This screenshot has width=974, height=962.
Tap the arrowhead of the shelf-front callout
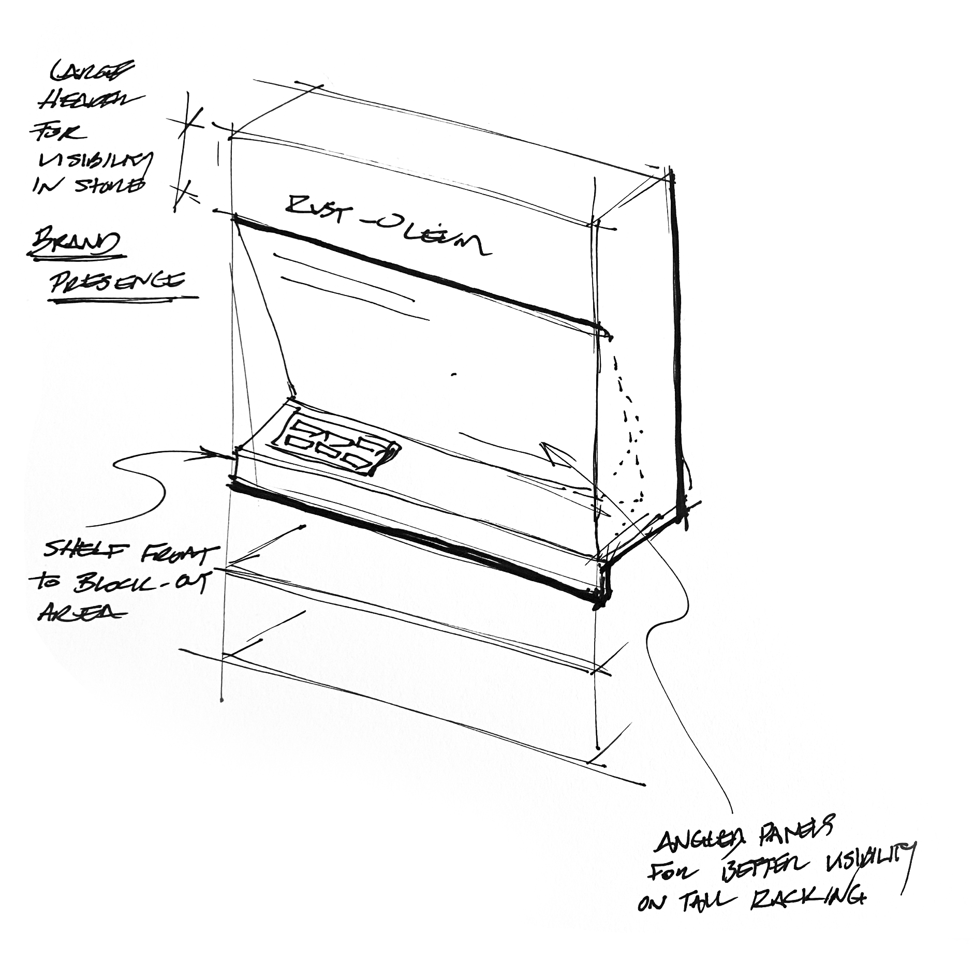point(225,454)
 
